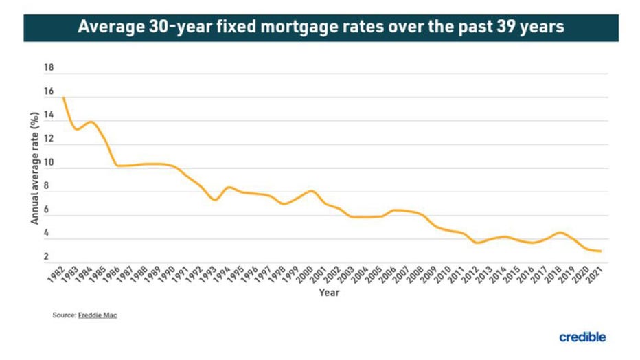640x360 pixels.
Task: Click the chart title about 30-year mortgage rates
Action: (x=320, y=27)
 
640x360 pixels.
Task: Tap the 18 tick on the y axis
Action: (x=48, y=68)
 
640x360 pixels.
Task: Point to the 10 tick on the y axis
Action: (x=48, y=163)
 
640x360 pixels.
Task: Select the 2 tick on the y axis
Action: (x=48, y=257)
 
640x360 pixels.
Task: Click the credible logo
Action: (x=582, y=337)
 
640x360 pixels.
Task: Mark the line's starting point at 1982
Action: (x=63, y=98)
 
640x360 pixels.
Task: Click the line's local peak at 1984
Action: (x=90, y=122)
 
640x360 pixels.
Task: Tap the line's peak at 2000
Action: (x=311, y=190)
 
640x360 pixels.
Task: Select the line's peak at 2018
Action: (x=560, y=232)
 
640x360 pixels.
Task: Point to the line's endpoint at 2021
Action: (x=601, y=251)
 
